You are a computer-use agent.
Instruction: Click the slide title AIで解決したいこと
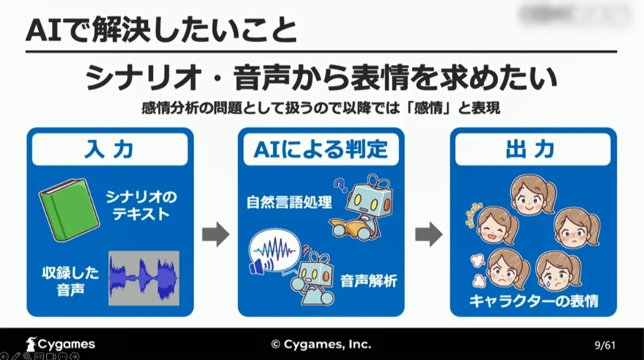tap(160, 30)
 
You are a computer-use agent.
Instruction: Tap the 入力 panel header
tap(110, 150)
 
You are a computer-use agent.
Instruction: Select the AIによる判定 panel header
tap(321, 150)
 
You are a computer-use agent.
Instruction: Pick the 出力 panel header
tap(533, 150)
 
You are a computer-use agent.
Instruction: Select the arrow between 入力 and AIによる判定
tap(215, 234)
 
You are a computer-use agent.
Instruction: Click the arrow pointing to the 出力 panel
tap(428, 234)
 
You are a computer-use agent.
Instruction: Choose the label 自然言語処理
tap(289, 203)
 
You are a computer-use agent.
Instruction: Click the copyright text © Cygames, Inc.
tap(321, 344)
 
